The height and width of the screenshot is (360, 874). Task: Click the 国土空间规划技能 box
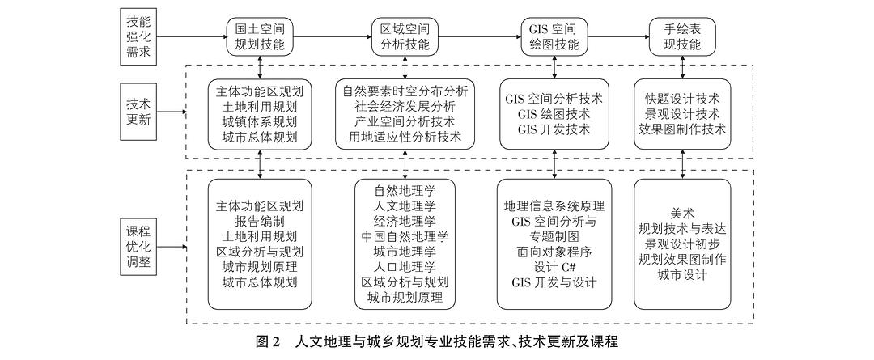(260, 36)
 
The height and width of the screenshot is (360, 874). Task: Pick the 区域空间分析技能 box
(404, 36)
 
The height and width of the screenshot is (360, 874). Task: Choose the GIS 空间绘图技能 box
(554, 36)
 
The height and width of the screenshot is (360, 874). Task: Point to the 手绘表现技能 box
(683, 36)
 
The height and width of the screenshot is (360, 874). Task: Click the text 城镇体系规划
(260, 121)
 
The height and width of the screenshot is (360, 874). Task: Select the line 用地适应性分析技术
(405, 137)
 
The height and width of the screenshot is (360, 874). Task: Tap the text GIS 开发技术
(554, 129)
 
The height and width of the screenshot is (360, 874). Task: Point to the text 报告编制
(260, 221)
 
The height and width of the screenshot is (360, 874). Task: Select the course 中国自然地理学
(405, 236)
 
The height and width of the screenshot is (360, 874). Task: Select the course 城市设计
(683, 275)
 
